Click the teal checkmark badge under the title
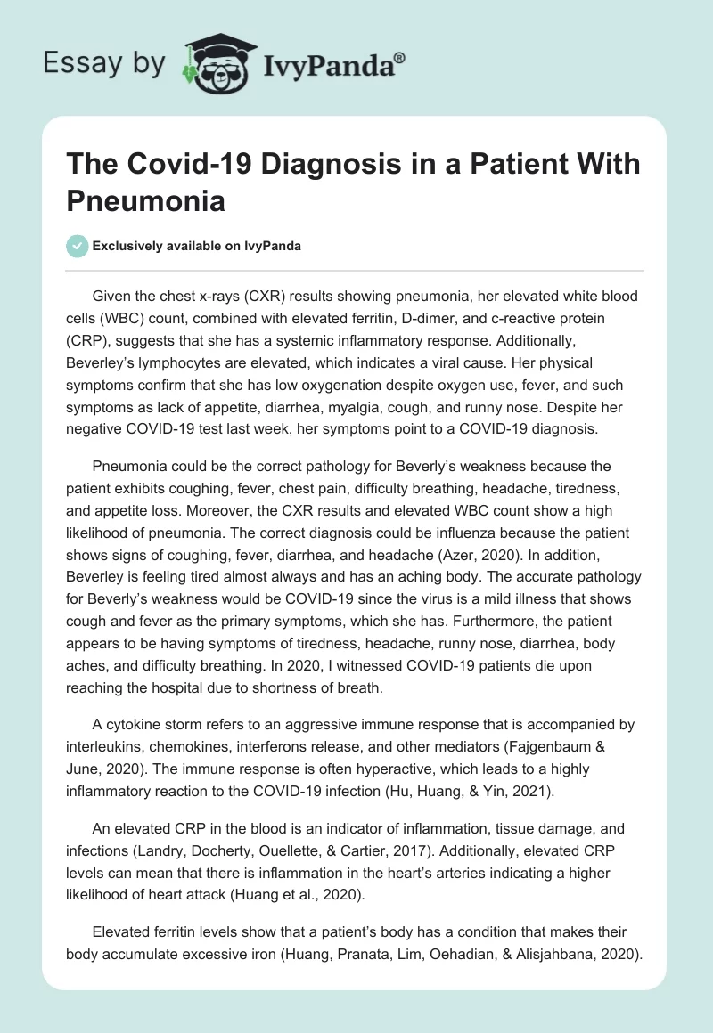point(78,246)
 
